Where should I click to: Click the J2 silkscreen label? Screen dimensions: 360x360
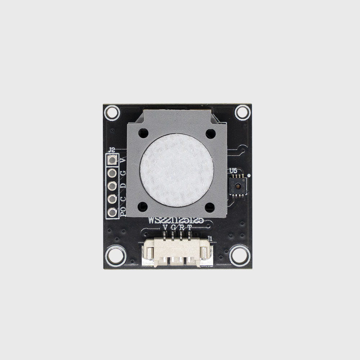pos(112,150)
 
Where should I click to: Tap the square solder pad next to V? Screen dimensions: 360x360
pos(112,160)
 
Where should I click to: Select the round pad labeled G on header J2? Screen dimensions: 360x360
pos(112,174)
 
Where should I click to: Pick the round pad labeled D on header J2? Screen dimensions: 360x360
pos(112,186)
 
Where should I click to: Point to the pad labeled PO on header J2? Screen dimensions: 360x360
pos(112,212)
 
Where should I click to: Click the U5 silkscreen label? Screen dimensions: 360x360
pos(233,171)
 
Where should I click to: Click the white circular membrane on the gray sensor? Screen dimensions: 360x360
pos(176,170)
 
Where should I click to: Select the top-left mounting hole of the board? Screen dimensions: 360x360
pos(112,113)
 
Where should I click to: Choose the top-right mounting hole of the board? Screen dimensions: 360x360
pos(242,113)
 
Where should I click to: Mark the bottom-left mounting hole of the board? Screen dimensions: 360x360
pos(115,256)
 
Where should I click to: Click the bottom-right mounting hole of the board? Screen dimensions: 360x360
pos(240,256)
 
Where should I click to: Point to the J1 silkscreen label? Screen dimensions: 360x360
pos(210,238)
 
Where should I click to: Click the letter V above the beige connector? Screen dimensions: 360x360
pos(165,228)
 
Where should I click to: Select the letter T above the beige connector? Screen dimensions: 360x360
pos(190,228)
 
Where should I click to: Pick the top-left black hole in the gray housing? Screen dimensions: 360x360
pos(143,134)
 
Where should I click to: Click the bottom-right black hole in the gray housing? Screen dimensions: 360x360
pos(210,207)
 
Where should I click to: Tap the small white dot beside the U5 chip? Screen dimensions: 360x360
pos(249,175)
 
